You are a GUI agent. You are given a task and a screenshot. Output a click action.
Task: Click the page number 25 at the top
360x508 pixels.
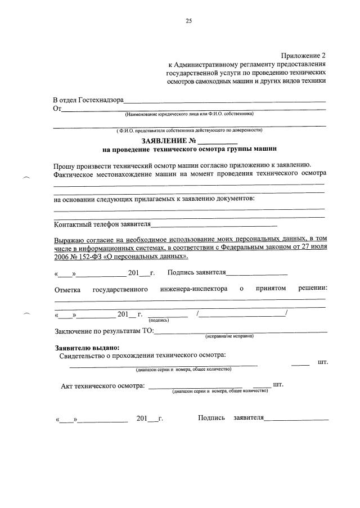point(189,21)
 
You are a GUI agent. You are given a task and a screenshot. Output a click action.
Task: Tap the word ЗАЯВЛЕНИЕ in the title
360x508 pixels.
point(164,140)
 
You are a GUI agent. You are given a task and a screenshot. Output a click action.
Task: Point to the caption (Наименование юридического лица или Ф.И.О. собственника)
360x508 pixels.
point(190,114)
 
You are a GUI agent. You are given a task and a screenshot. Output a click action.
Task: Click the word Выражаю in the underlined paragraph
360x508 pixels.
point(69,239)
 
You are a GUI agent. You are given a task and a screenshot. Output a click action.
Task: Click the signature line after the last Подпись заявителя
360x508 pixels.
point(296,419)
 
